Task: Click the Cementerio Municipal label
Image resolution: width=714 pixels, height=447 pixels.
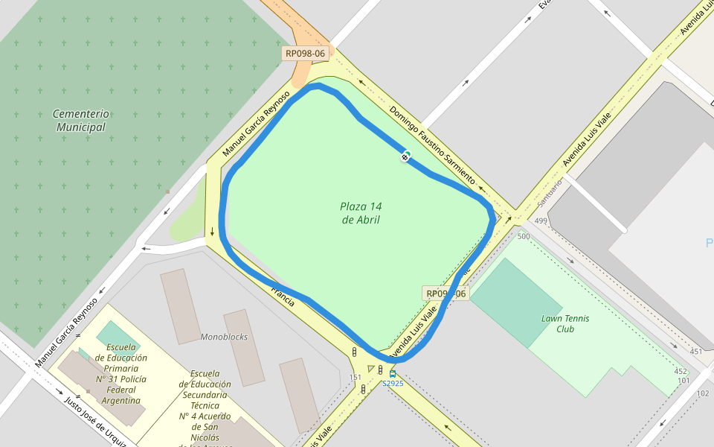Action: pos(80,120)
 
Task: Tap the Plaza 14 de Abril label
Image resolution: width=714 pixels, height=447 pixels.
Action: pos(361,213)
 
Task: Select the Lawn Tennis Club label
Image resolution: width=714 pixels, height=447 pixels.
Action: pos(565,323)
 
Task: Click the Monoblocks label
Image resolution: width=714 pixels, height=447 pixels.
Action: pos(224,337)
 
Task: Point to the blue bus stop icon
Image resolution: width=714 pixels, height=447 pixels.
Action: pos(393,374)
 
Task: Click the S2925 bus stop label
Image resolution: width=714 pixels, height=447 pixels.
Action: pos(393,384)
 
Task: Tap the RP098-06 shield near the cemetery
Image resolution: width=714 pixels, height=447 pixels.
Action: pos(305,54)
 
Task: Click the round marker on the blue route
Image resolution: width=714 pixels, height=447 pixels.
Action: pos(405,156)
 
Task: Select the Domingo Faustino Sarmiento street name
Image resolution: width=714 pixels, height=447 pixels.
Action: pos(432,145)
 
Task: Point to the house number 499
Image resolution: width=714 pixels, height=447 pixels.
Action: pos(541,221)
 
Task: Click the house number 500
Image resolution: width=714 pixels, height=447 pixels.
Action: pos(524,236)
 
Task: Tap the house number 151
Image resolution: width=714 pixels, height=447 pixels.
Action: pos(356,378)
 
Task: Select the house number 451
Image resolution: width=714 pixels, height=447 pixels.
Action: pos(695,352)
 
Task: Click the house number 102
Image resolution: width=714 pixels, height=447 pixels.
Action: pos(703,393)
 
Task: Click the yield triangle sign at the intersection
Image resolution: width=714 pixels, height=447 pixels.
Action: pos(371,369)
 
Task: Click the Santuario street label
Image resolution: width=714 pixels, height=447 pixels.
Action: pos(551,192)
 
